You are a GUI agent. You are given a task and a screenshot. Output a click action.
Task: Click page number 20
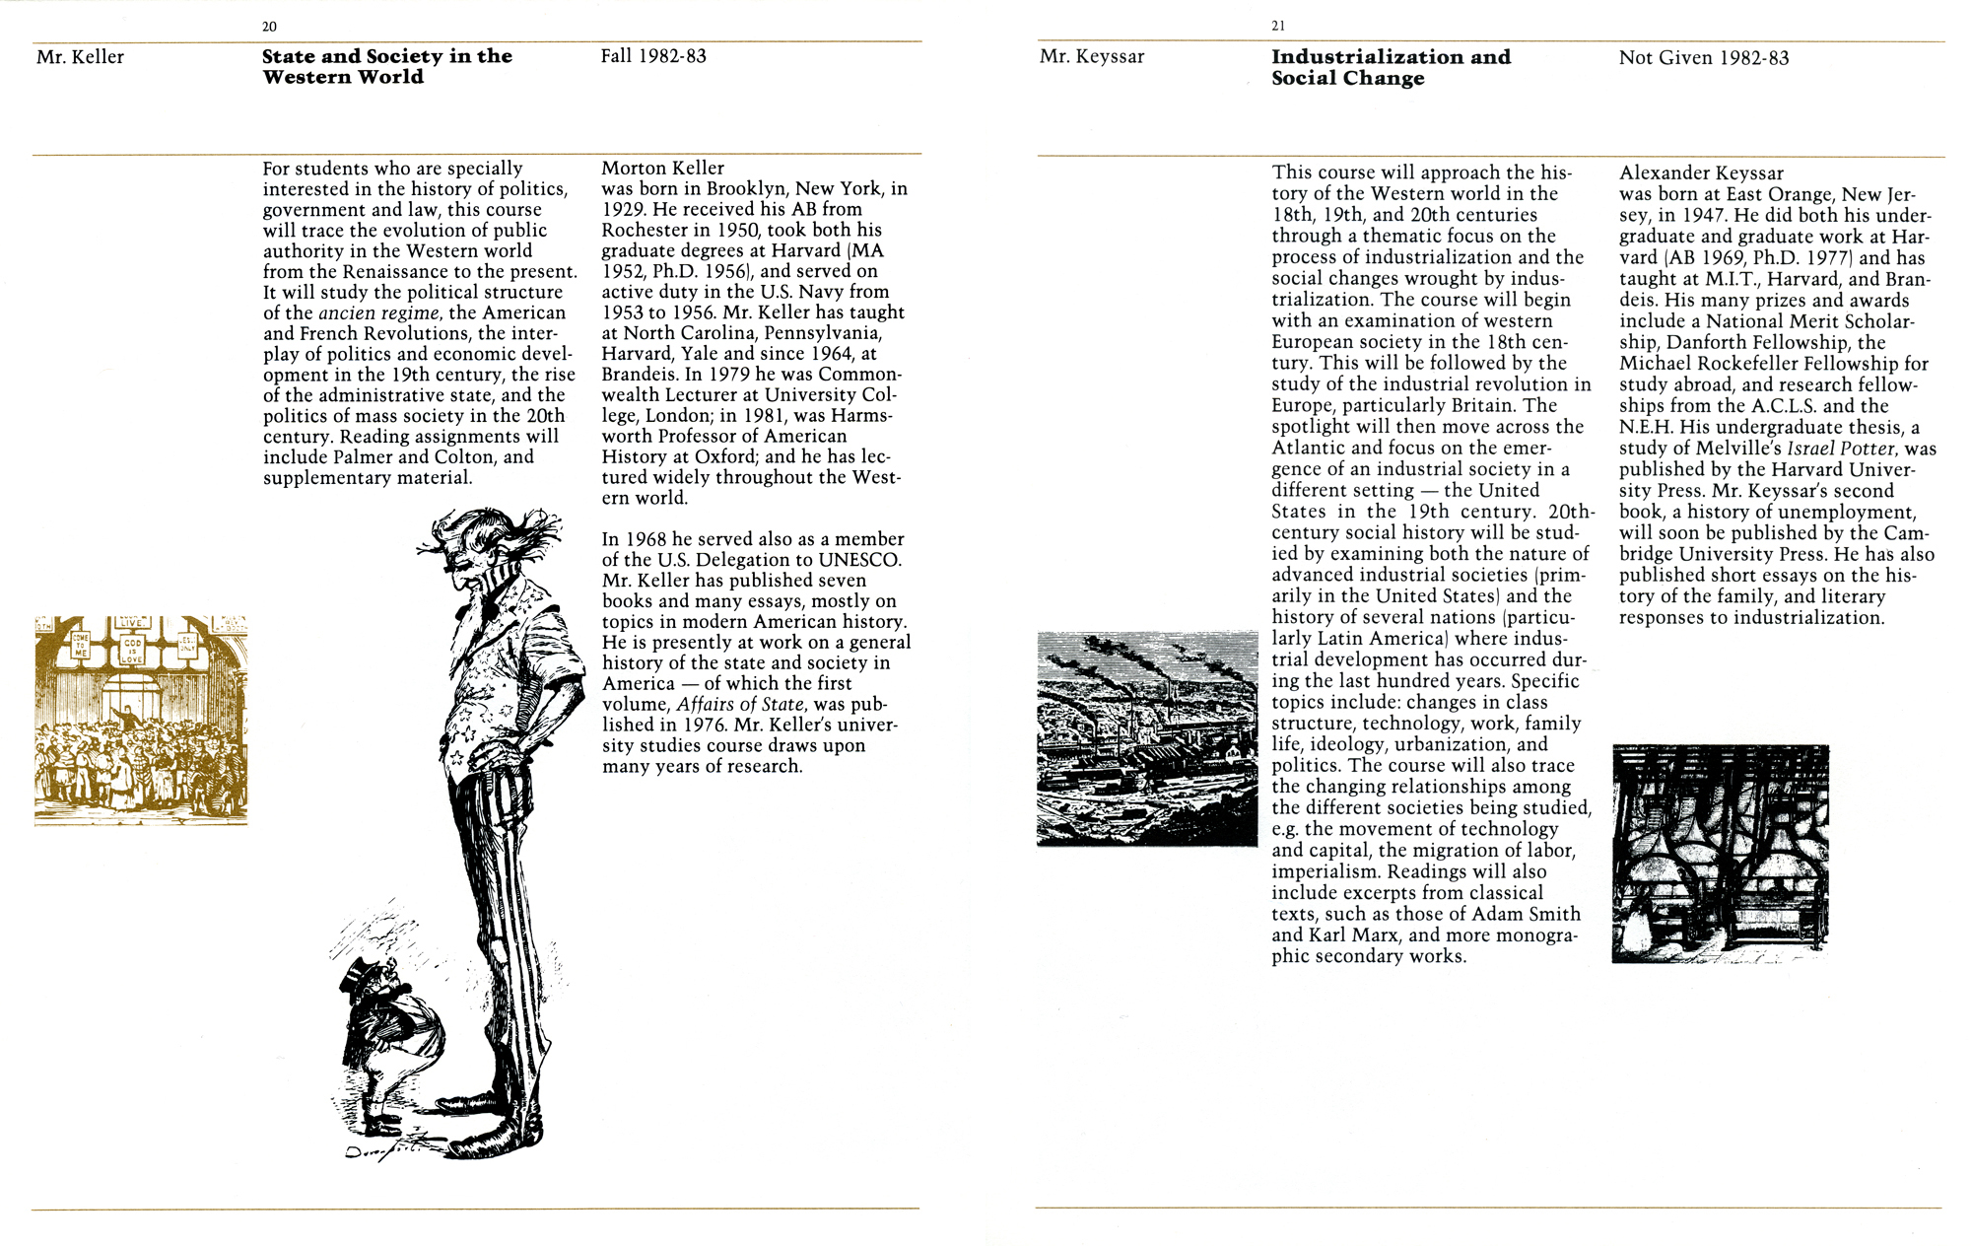(269, 27)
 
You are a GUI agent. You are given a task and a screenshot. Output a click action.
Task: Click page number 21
(1278, 27)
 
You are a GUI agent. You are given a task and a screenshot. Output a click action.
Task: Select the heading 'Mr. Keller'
(80, 57)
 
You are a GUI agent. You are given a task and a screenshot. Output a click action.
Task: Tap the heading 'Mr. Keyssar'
(1092, 57)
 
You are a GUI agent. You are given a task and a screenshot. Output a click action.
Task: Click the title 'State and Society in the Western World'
(386, 67)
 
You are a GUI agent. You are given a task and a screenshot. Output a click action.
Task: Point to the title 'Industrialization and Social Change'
(1391, 68)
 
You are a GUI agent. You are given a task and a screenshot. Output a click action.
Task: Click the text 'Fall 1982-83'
(653, 56)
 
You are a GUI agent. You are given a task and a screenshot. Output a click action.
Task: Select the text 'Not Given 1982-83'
(1703, 58)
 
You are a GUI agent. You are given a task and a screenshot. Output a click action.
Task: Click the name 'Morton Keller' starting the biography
(662, 169)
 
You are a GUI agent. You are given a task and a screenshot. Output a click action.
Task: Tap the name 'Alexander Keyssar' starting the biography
(1701, 173)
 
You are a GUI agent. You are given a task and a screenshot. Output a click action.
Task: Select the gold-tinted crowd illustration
(141, 721)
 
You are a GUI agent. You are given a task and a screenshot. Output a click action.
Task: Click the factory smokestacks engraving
(1147, 739)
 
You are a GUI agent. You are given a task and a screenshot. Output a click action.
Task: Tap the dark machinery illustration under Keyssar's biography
(1720, 854)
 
